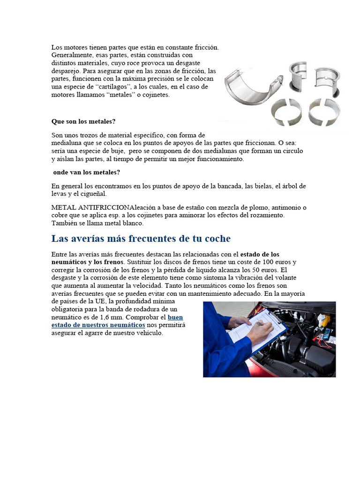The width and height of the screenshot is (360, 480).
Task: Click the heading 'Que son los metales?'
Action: coord(83,121)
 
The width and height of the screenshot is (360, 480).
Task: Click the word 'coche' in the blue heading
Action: coord(217,239)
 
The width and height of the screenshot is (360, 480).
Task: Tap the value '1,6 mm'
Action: coord(101,317)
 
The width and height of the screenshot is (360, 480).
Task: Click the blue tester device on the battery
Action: coord(327,334)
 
